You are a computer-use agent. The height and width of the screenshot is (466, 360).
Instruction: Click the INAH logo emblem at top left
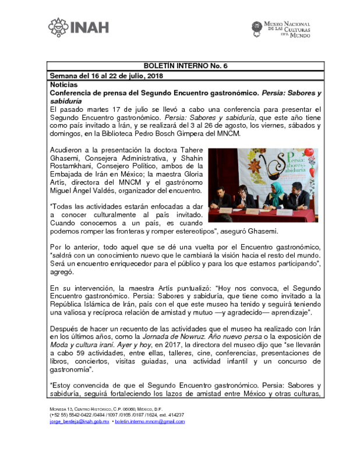[58, 26]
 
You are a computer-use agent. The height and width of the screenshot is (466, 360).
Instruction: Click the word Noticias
[63, 84]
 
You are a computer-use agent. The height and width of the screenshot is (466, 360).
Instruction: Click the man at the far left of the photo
[221, 199]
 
